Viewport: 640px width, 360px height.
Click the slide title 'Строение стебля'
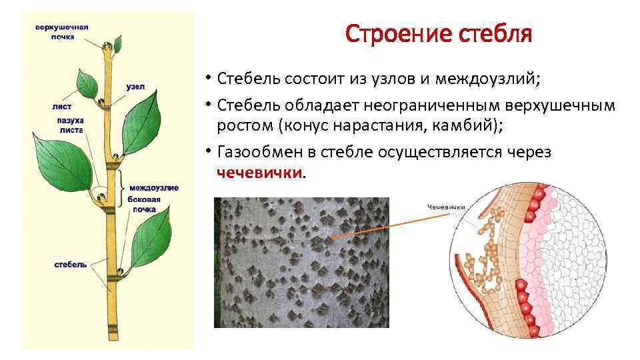[x=439, y=33]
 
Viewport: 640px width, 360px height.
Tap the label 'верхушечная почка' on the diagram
[x=61, y=32]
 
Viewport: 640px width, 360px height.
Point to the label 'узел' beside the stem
[x=135, y=87]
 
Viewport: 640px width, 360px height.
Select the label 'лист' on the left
[x=61, y=106]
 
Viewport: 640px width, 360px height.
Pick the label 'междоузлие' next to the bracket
[x=154, y=187]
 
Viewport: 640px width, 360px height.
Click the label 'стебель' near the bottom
[x=71, y=265]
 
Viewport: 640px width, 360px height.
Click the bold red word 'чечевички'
[x=259, y=173]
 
